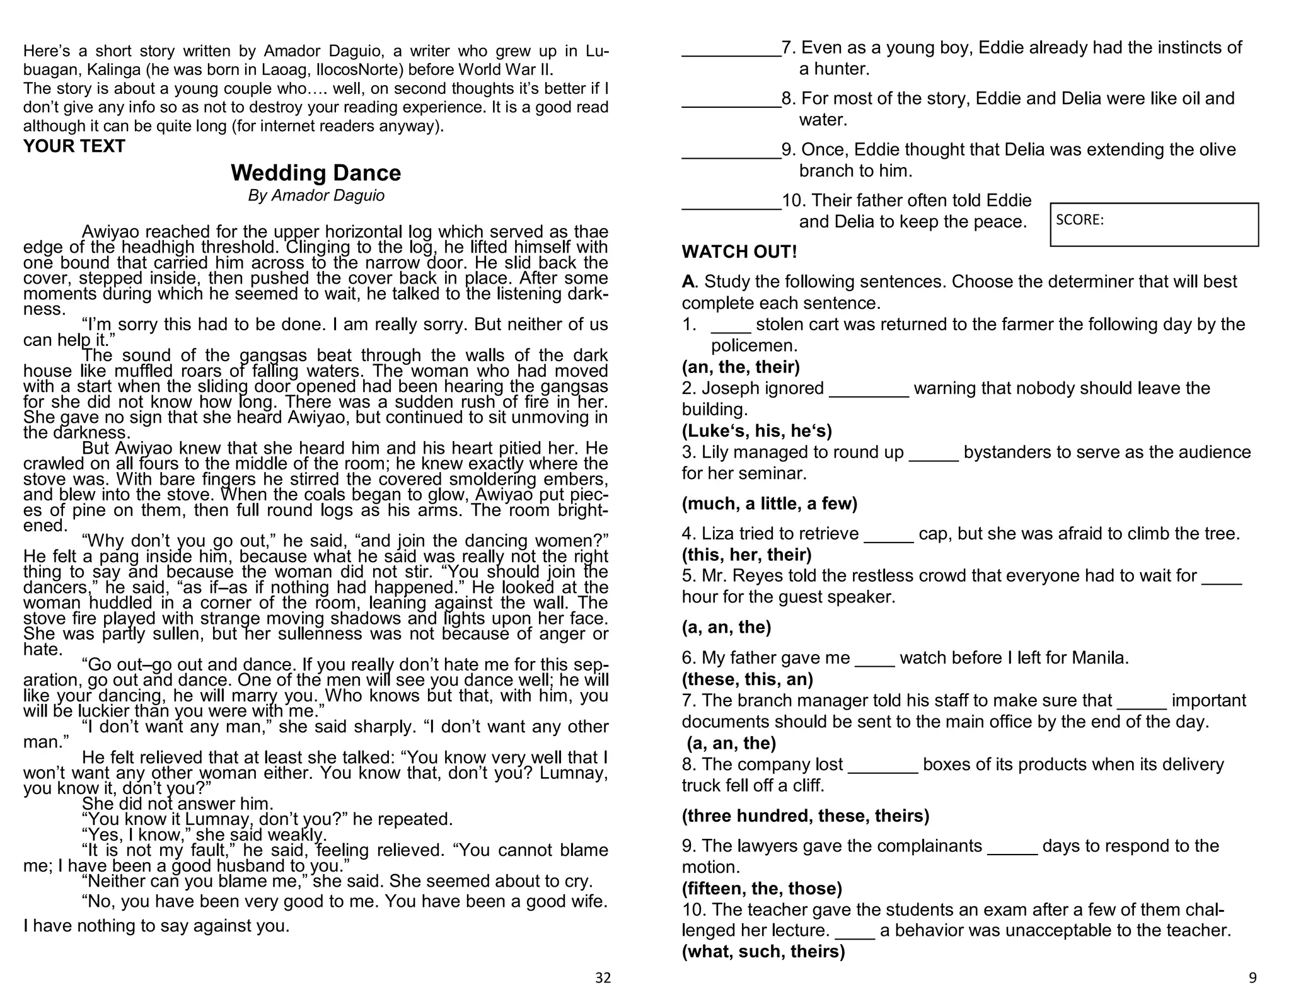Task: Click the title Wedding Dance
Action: point(316,173)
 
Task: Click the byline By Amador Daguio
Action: point(316,195)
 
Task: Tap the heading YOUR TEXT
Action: point(74,146)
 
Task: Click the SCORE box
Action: point(1154,224)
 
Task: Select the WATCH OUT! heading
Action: point(739,252)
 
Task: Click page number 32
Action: point(603,977)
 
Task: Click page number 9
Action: point(1252,977)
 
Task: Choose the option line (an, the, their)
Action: point(741,367)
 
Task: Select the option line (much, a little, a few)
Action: point(769,504)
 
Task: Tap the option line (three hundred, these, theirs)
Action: point(805,816)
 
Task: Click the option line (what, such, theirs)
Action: point(763,952)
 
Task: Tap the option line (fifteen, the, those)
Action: point(761,889)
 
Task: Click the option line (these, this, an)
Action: point(747,679)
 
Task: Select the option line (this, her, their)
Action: point(746,555)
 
